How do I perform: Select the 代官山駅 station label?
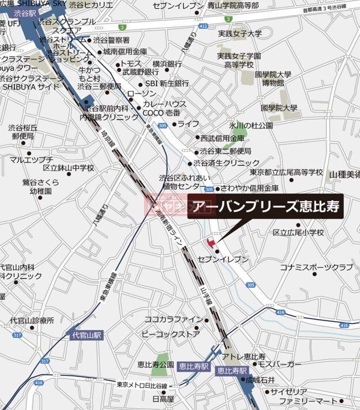[86, 334]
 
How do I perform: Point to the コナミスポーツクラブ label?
[316, 267]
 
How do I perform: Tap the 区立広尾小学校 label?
[298, 232]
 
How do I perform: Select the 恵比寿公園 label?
[156, 364]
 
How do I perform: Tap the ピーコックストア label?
[170, 334]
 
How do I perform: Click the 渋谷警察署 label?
[111, 40]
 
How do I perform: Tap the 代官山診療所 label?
[32, 320]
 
